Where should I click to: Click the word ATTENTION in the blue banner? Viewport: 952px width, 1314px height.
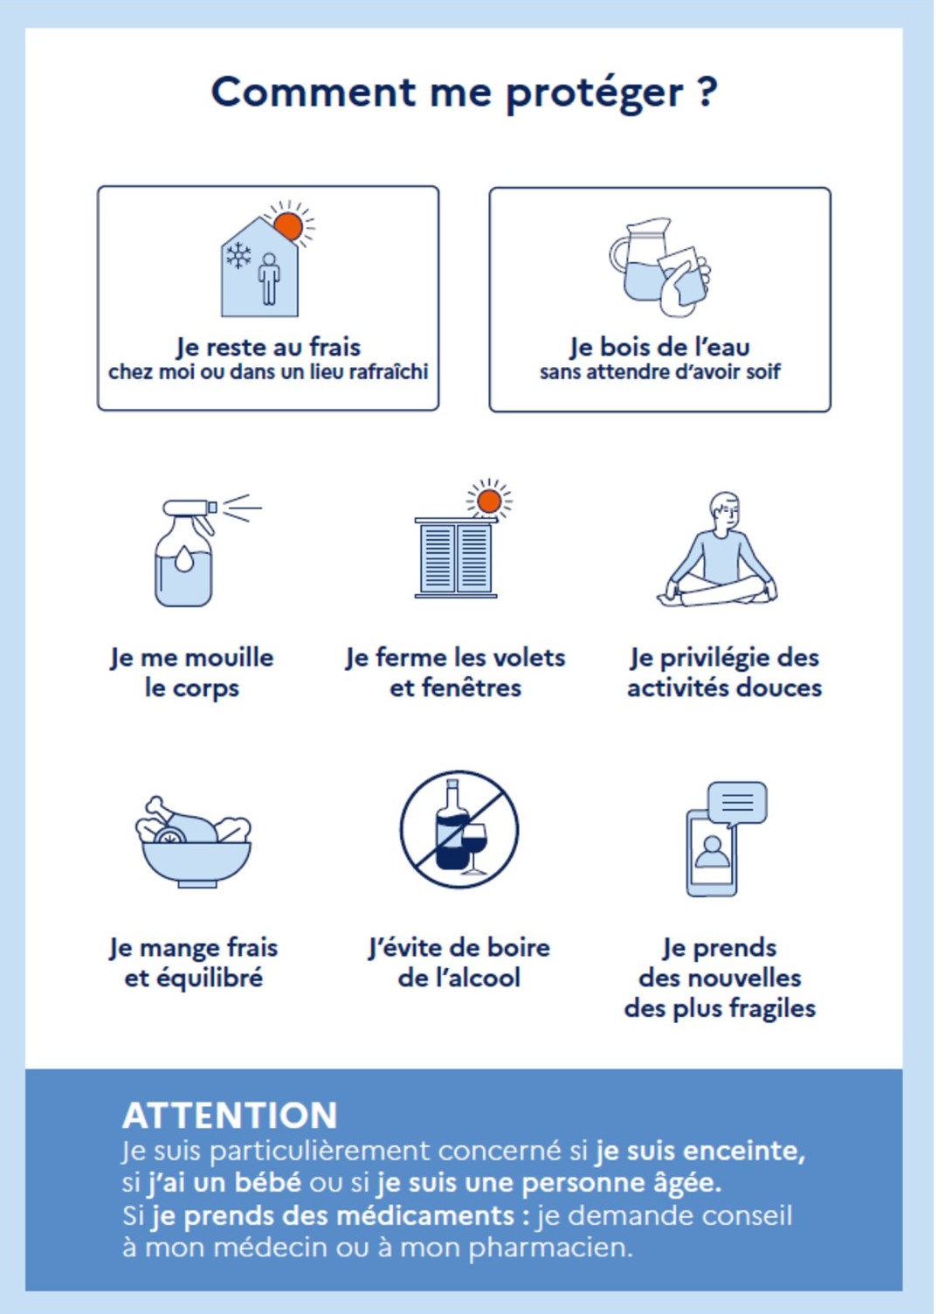tap(230, 1115)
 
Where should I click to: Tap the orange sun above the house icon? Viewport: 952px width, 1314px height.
tap(288, 225)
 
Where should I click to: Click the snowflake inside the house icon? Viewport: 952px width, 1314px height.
tap(238, 256)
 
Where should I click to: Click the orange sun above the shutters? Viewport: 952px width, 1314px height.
tap(488, 501)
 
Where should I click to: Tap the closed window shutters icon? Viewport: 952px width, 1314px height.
tap(456, 557)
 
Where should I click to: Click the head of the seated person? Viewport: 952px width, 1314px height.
tap(724, 510)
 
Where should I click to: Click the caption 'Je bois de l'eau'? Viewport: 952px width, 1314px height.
tap(660, 347)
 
